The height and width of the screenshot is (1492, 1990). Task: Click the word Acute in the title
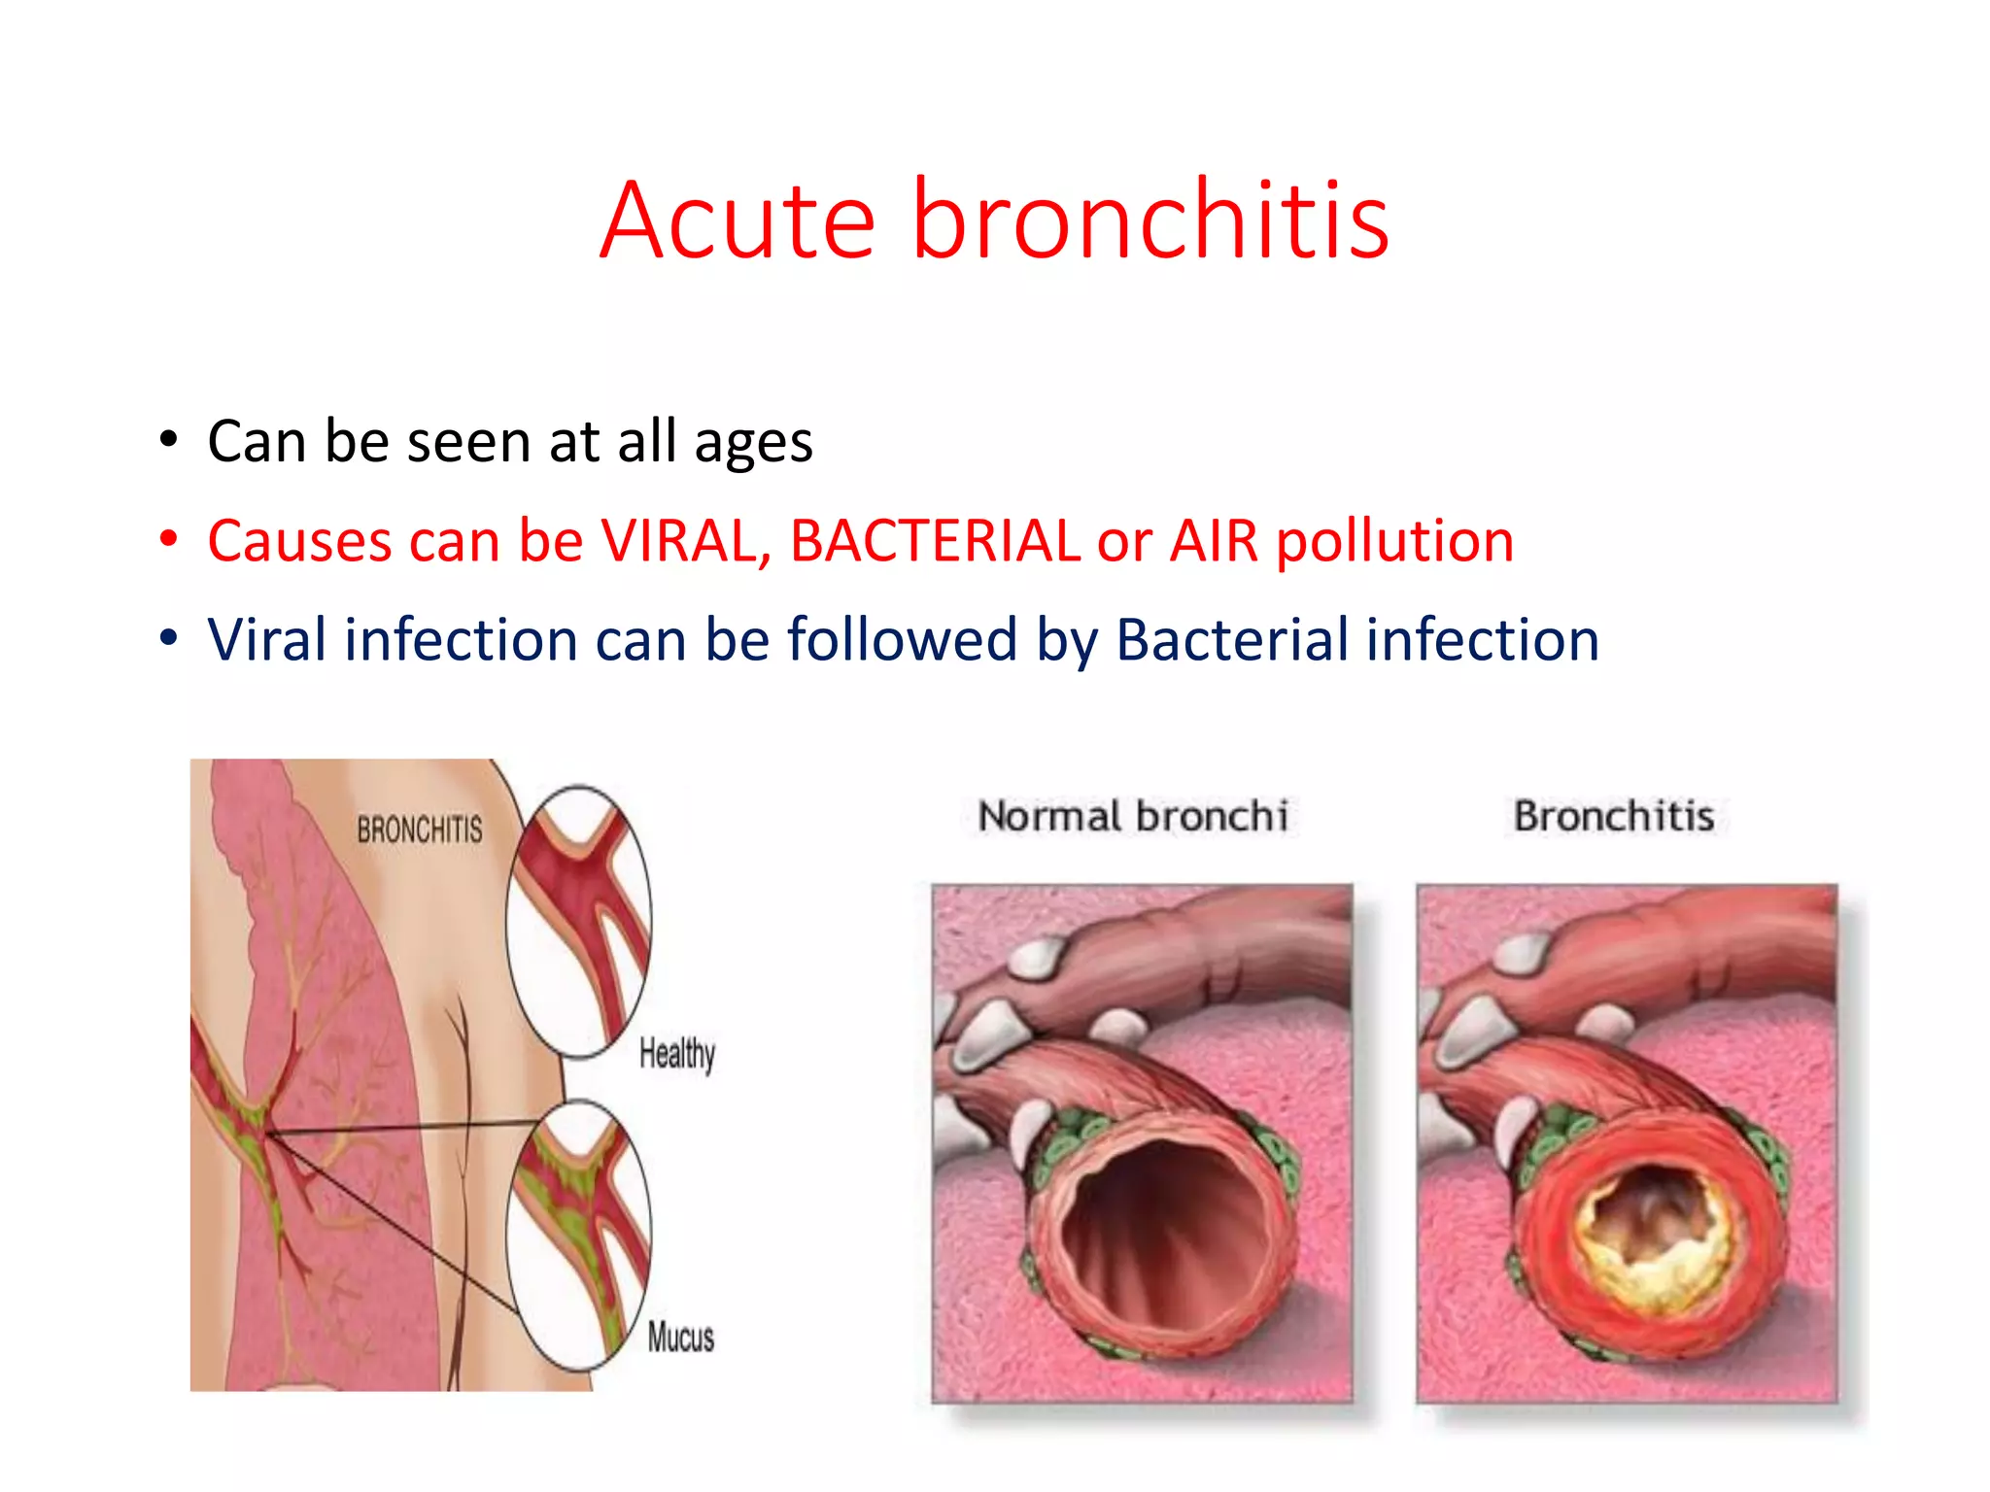738,221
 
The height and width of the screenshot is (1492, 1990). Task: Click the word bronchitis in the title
1150,221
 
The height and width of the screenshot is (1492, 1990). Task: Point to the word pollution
1394,542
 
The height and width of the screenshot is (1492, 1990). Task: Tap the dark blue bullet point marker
169,638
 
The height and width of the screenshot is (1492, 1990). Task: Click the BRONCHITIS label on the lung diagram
419,830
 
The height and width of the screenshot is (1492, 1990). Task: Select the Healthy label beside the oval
677,1053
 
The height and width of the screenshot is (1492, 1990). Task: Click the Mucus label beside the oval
680,1338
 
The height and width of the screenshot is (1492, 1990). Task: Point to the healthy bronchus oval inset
579,921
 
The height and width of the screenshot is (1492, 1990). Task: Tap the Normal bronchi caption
1133,816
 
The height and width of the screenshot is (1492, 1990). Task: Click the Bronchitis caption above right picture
1614,816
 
